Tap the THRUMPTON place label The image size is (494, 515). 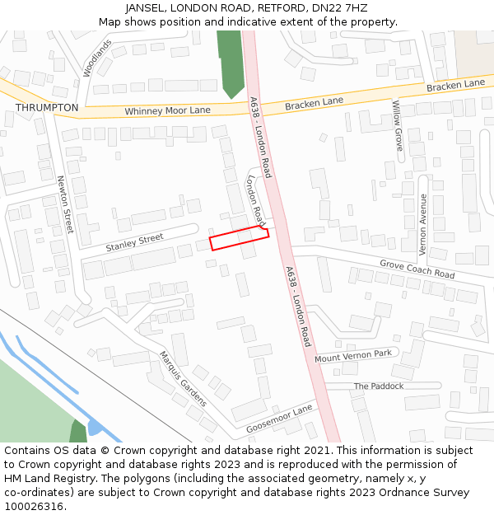click(x=47, y=108)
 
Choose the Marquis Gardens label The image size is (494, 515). click(x=183, y=379)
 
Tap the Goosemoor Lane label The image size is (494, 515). click(x=280, y=419)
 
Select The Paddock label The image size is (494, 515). click(x=379, y=386)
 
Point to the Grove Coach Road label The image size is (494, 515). click(x=417, y=269)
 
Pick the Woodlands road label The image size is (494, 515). click(x=96, y=58)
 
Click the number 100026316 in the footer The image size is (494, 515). click(x=33, y=507)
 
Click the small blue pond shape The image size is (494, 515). click(x=95, y=427)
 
